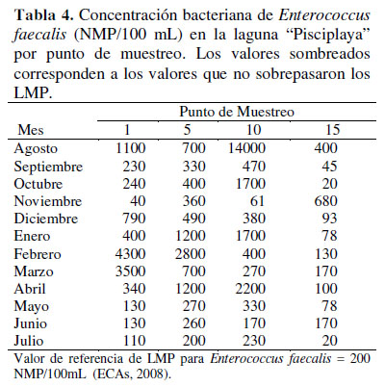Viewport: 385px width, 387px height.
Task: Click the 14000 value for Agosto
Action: tap(246, 148)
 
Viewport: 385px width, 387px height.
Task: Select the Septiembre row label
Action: tap(48, 167)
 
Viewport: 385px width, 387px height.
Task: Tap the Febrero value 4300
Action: tap(130, 254)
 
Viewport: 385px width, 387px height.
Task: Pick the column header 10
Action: tap(254, 130)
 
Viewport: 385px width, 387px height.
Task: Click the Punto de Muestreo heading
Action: tap(237, 112)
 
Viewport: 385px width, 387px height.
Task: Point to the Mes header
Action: tap(31, 130)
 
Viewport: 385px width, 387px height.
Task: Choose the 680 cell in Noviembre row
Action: tap(325, 201)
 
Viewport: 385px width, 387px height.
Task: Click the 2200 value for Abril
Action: tap(250, 289)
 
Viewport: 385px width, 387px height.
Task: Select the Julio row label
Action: tap(29, 341)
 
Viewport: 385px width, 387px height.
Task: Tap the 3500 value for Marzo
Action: tap(130, 271)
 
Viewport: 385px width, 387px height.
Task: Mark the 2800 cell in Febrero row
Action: tap(191, 254)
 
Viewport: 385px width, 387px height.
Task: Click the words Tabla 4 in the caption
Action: tap(44, 15)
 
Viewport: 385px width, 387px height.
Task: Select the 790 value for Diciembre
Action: tap(134, 219)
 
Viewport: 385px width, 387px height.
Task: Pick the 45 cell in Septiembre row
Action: tap(329, 167)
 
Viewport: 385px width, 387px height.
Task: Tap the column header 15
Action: tap(332, 130)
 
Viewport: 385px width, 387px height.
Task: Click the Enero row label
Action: tap(32, 236)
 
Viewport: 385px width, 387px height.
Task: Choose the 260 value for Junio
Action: tap(194, 323)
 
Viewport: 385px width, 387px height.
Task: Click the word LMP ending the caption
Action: tap(33, 93)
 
